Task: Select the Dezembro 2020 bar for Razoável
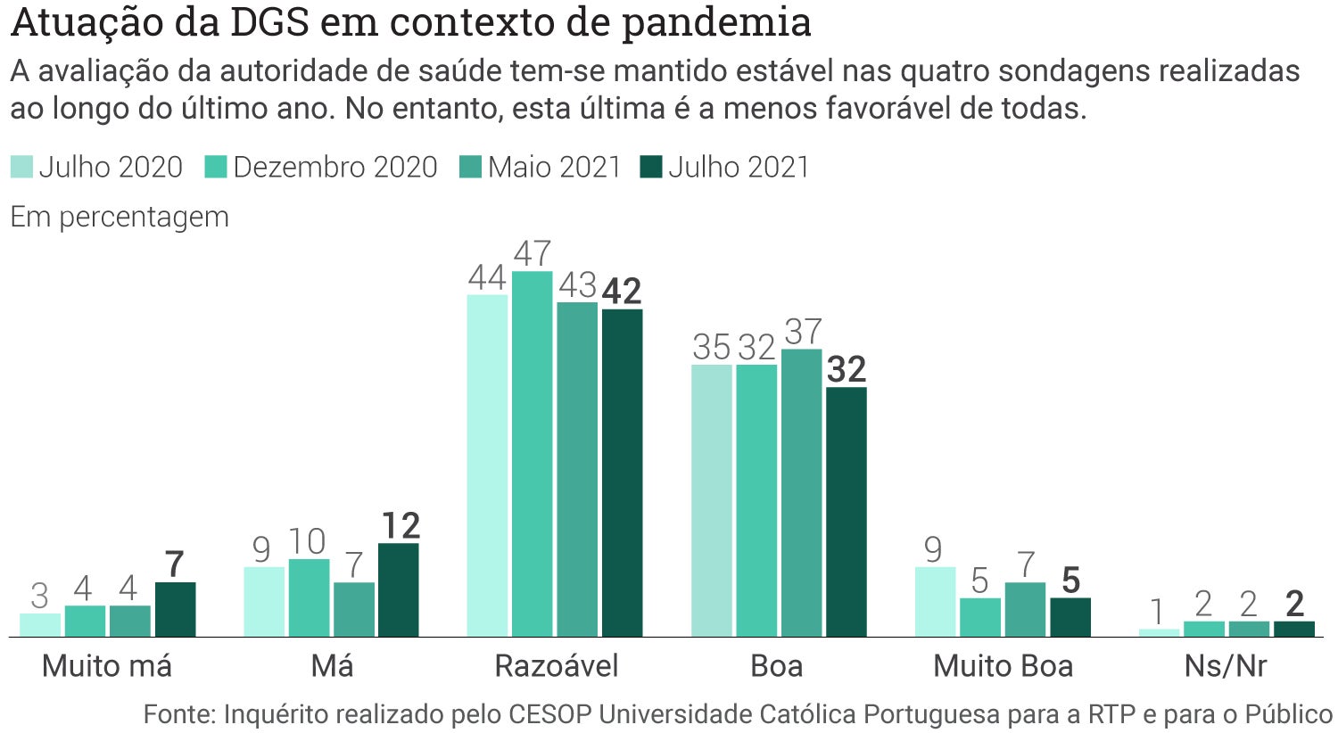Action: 533,454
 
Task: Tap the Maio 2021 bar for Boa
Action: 801,492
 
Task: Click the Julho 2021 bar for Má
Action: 398,589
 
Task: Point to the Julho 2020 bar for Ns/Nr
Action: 1159,632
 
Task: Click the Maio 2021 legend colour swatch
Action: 470,167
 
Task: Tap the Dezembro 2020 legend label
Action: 335,167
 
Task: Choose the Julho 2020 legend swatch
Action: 21,167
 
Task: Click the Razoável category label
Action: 556,666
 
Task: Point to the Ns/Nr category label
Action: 1226,666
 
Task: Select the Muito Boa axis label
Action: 1003,666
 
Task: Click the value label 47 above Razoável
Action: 533,254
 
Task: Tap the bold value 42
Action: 622,292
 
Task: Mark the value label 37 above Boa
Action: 803,332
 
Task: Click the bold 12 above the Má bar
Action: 400,526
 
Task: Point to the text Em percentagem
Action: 120,217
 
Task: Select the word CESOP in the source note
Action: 550,714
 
